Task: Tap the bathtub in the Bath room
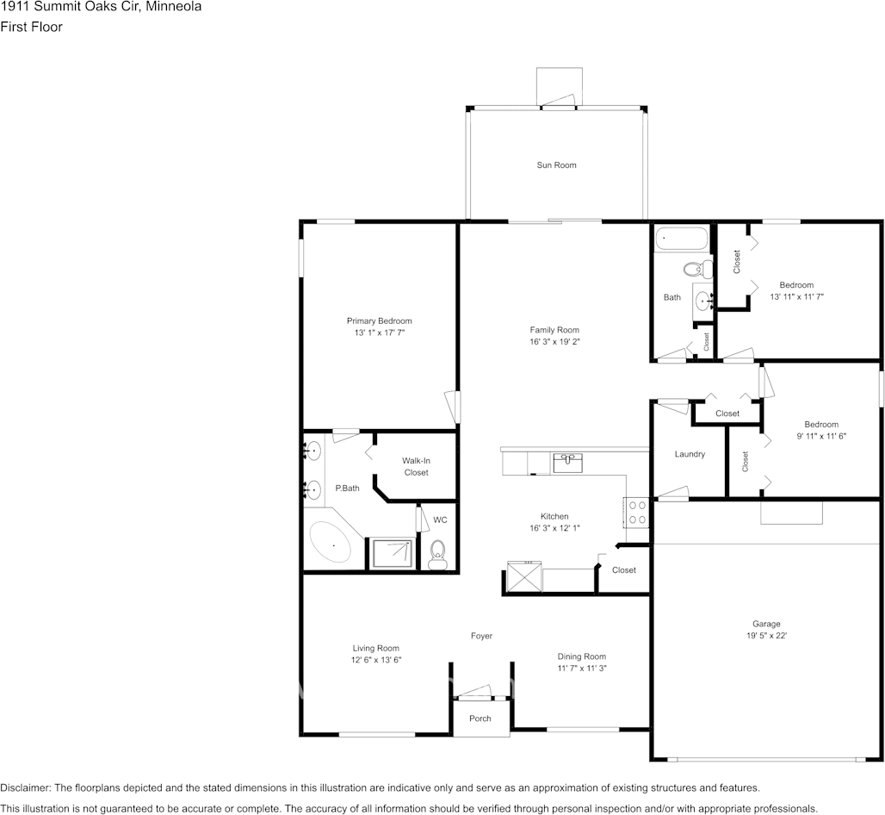[x=681, y=239]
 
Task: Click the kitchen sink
[x=567, y=463]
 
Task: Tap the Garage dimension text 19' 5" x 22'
[x=766, y=636]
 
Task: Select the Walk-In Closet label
[x=415, y=466]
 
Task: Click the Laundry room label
[x=690, y=454]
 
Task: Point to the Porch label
[x=480, y=719]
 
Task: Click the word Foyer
[x=481, y=636]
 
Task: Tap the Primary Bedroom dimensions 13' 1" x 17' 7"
[x=379, y=332]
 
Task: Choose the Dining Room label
[x=582, y=656]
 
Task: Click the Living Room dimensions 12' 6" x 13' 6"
[x=375, y=659]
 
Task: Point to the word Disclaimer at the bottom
[x=25, y=787]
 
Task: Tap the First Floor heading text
[x=31, y=27]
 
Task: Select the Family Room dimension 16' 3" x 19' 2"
[x=554, y=341]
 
